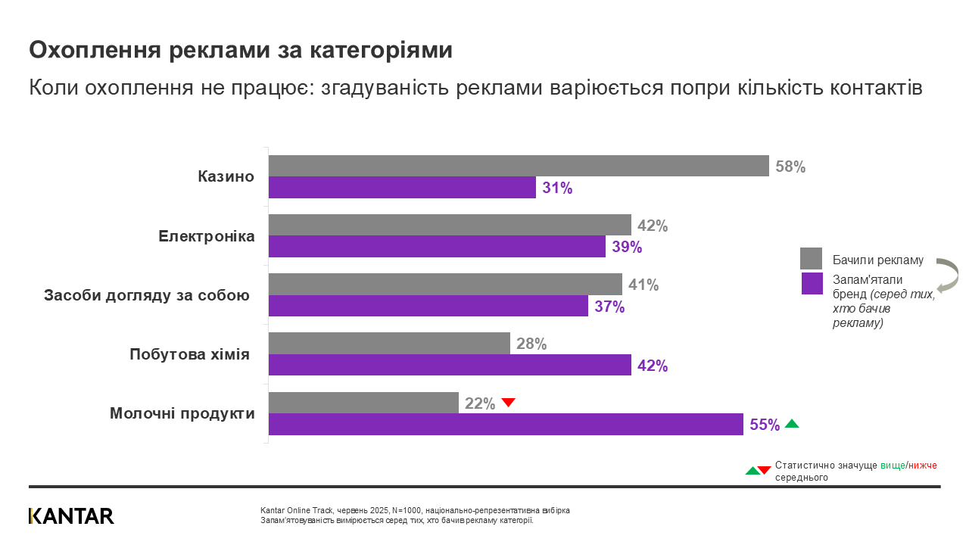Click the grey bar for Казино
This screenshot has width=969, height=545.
pyautogui.click(x=519, y=166)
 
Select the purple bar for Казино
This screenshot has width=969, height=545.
pyautogui.click(x=402, y=188)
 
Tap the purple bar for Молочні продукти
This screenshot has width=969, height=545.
pyautogui.click(x=506, y=425)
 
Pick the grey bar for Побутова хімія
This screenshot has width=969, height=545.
pyautogui.click(x=389, y=343)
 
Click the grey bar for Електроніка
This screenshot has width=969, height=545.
pyautogui.click(x=450, y=225)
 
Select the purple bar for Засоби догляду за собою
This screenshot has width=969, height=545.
pyautogui.click(x=428, y=306)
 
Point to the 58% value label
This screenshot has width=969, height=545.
pyautogui.click(x=790, y=167)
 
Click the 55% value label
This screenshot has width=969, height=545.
pyautogui.click(x=765, y=425)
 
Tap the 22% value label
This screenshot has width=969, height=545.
pyautogui.click(x=480, y=404)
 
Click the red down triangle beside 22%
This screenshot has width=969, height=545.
pyautogui.click(x=509, y=403)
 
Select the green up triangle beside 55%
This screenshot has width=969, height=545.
pyautogui.click(x=792, y=424)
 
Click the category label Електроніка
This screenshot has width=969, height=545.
pyautogui.click(x=207, y=236)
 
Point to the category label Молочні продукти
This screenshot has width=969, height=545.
pyautogui.click(x=182, y=413)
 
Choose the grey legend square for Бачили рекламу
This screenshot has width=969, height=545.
pyautogui.click(x=812, y=259)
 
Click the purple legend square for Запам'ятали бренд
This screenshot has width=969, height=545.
pyautogui.click(x=812, y=284)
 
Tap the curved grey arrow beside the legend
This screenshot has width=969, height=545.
pyautogui.click(x=948, y=275)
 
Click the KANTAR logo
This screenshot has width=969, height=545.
pyautogui.click(x=71, y=516)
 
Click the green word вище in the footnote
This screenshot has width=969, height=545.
pyautogui.click(x=892, y=466)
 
